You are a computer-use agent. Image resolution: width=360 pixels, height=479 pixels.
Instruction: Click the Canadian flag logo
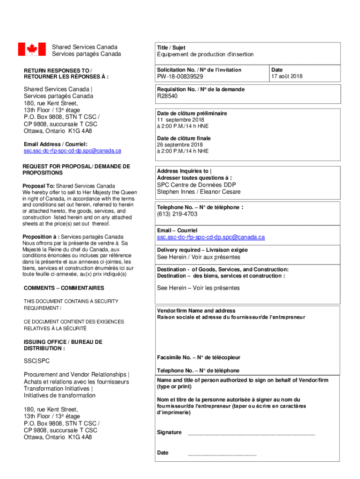(31, 49)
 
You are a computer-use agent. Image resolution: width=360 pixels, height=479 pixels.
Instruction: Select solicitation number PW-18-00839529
(180, 77)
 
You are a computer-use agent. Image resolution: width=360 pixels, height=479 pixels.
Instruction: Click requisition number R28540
(167, 96)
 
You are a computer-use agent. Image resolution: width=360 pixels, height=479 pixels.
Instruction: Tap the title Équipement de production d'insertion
(205, 54)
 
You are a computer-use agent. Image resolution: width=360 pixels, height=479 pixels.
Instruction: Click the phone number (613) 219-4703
(177, 214)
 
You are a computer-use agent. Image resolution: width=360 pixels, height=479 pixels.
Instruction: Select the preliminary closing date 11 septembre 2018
(180, 120)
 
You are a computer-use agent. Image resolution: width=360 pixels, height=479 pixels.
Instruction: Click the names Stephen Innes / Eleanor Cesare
(199, 192)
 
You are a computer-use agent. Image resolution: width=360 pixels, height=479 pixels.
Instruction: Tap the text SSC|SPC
(36, 361)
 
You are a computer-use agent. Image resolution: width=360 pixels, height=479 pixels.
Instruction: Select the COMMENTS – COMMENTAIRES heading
(64, 288)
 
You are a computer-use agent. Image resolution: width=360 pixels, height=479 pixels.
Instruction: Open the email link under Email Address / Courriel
(72, 151)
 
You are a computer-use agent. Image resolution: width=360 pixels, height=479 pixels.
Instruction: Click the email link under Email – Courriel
(211, 237)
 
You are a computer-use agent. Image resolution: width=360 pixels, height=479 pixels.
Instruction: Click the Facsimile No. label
(199, 357)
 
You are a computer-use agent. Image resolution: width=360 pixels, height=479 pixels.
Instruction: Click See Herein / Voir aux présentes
(199, 257)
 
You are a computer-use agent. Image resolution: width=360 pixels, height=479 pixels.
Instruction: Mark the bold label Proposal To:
(38, 186)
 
